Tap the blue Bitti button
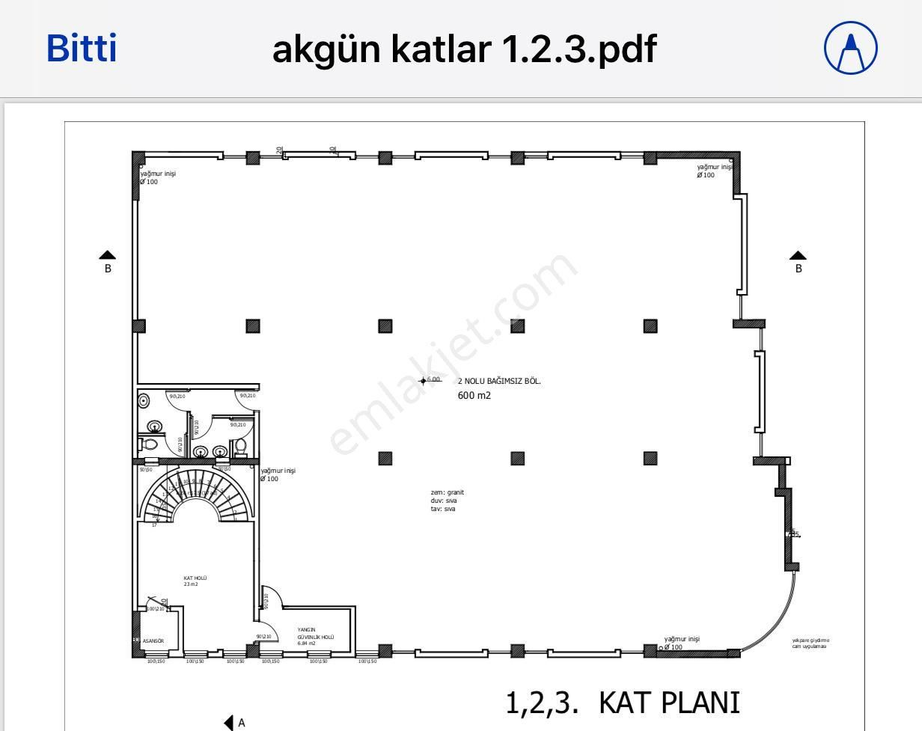pos(82,49)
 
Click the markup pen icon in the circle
pos(850,49)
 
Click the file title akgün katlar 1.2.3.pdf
pos(464,49)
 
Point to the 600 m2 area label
pos(474,395)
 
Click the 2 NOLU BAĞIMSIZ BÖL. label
pos(499,381)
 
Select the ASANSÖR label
pos(153,641)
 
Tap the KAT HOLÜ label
pos(195,578)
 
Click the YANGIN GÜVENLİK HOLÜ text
pos(315,633)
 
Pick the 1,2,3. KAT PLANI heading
pos(623,703)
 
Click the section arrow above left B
pos(108,255)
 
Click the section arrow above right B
pos(799,255)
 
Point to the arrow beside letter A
pos(229,723)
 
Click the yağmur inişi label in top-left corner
pos(158,174)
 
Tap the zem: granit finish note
pos(448,492)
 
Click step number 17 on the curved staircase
pos(154,524)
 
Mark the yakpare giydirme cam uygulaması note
pos(810,643)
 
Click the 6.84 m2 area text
pos(307,643)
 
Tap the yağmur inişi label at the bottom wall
pos(682,639)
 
